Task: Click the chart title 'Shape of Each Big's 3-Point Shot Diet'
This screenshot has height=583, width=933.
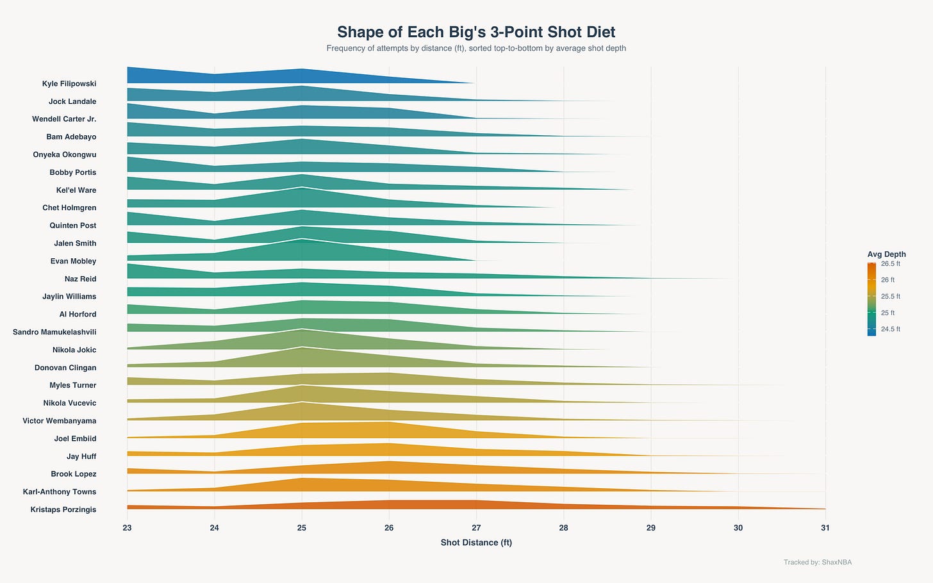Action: tap(476, 32)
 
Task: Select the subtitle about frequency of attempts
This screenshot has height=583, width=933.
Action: tap(476, 48)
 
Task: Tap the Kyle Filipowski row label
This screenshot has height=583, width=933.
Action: tap(69, 84)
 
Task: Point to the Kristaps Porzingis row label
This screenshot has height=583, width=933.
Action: tap(63, 510)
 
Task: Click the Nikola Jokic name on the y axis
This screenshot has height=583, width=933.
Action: tap(74, 350)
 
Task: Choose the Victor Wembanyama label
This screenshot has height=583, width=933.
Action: tap(59, 421)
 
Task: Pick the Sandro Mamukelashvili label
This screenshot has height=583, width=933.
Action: tap(54, 333)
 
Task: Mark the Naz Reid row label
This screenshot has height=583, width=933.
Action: tap(80, 279)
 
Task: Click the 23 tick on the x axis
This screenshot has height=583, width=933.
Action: tap(127, 528)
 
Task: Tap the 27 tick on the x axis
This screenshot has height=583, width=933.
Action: tap(476, 528)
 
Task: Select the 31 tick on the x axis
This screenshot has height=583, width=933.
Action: tap(825, 528)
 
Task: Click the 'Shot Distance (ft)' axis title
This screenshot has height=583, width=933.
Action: tap(476, 543)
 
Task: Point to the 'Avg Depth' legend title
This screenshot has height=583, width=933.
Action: tap(886, 254)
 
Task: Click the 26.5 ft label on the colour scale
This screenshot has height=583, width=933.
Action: tap(891, 263)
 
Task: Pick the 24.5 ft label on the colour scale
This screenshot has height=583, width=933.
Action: tap(891, 329)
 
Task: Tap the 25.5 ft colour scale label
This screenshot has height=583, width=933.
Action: tap(891, 297)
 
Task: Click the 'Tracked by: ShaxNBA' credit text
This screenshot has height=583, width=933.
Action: tap(818, 562)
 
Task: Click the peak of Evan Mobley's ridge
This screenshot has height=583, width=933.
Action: tap(302, 239)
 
